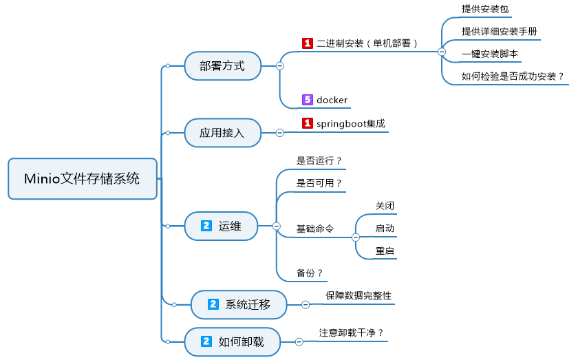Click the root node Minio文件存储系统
click(83, 179)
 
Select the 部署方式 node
click(223, 66)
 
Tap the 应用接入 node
click(223, 133)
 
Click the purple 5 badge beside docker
click(308, 100)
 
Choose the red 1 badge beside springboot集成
click(308, 123)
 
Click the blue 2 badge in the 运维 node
click(206, 226)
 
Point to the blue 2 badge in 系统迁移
click(213, 304)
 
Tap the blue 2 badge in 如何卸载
click(206, 341)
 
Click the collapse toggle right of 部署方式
click(280, 66)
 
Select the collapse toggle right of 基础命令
click(356, 237)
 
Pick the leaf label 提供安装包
click(485, 9)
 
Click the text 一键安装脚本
click(490, 54)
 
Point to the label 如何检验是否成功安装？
click(513, 76)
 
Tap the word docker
click(332, 100)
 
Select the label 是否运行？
click(319, 161)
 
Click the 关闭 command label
click(385, 206)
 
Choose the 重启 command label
click(385, 251)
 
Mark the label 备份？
click(310, 273)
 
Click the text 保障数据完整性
click(358, 295)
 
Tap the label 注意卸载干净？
click(352, 332)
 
